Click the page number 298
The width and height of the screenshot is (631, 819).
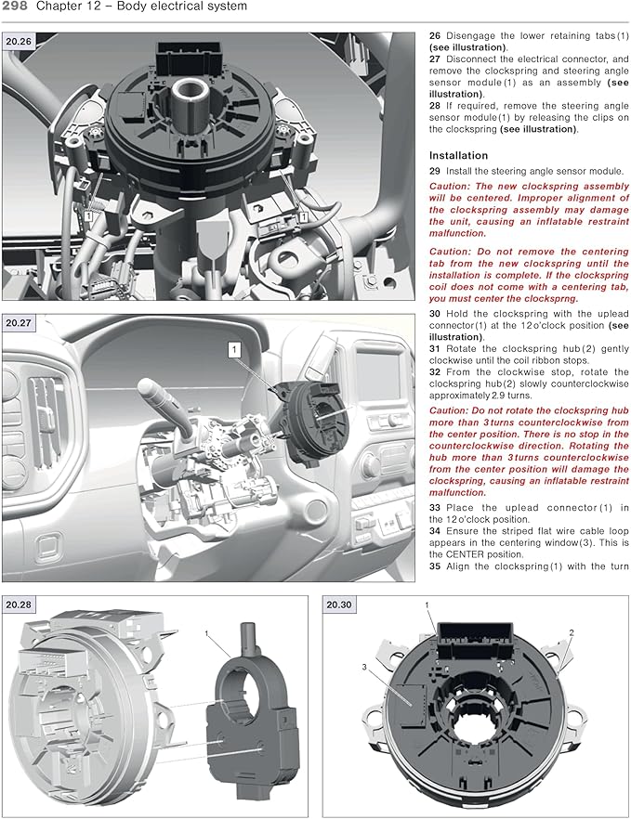click(20, 7)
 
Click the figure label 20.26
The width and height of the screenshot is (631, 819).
click(19, 42)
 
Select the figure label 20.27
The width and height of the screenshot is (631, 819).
click(19, 323)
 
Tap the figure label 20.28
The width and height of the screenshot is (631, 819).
click(19, 604)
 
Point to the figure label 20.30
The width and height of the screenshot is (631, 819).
click(339, 604)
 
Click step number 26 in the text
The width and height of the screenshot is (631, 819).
click(434, 35)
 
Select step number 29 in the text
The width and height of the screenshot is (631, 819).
click(434, 171)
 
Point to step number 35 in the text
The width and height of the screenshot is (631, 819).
click(434, 565)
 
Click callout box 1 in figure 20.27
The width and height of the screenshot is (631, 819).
click(235, 349)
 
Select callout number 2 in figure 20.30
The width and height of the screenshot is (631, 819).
click(572, 632)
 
